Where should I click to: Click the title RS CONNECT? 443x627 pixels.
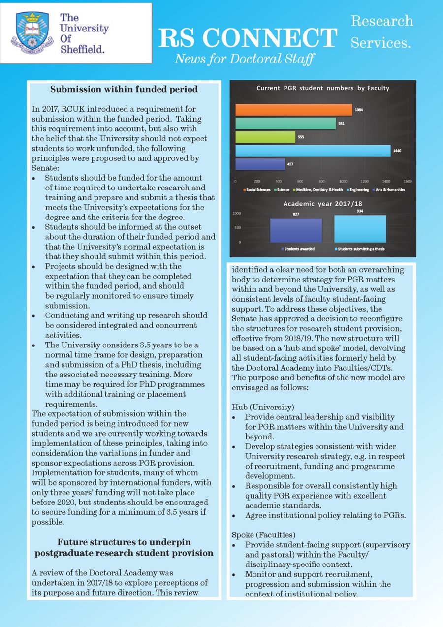[248, 38]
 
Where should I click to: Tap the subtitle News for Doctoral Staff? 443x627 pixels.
[244, 60]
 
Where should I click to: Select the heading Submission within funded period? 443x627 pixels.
[124, 89]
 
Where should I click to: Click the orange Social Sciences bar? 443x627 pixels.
[293, 110]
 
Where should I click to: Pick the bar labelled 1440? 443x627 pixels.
[313, 151]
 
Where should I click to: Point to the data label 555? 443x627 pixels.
[300, 137]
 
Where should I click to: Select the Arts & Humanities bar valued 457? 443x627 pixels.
[260, 164]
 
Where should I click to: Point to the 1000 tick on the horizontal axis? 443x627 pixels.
[343, 181]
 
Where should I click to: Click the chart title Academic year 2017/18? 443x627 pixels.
[322, 204]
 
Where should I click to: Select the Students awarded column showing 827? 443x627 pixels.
[296, 230]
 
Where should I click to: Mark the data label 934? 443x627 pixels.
[360, 211]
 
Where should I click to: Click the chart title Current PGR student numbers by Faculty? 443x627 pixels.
[323, 88]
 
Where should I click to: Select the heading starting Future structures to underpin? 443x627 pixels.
[124, 547]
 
